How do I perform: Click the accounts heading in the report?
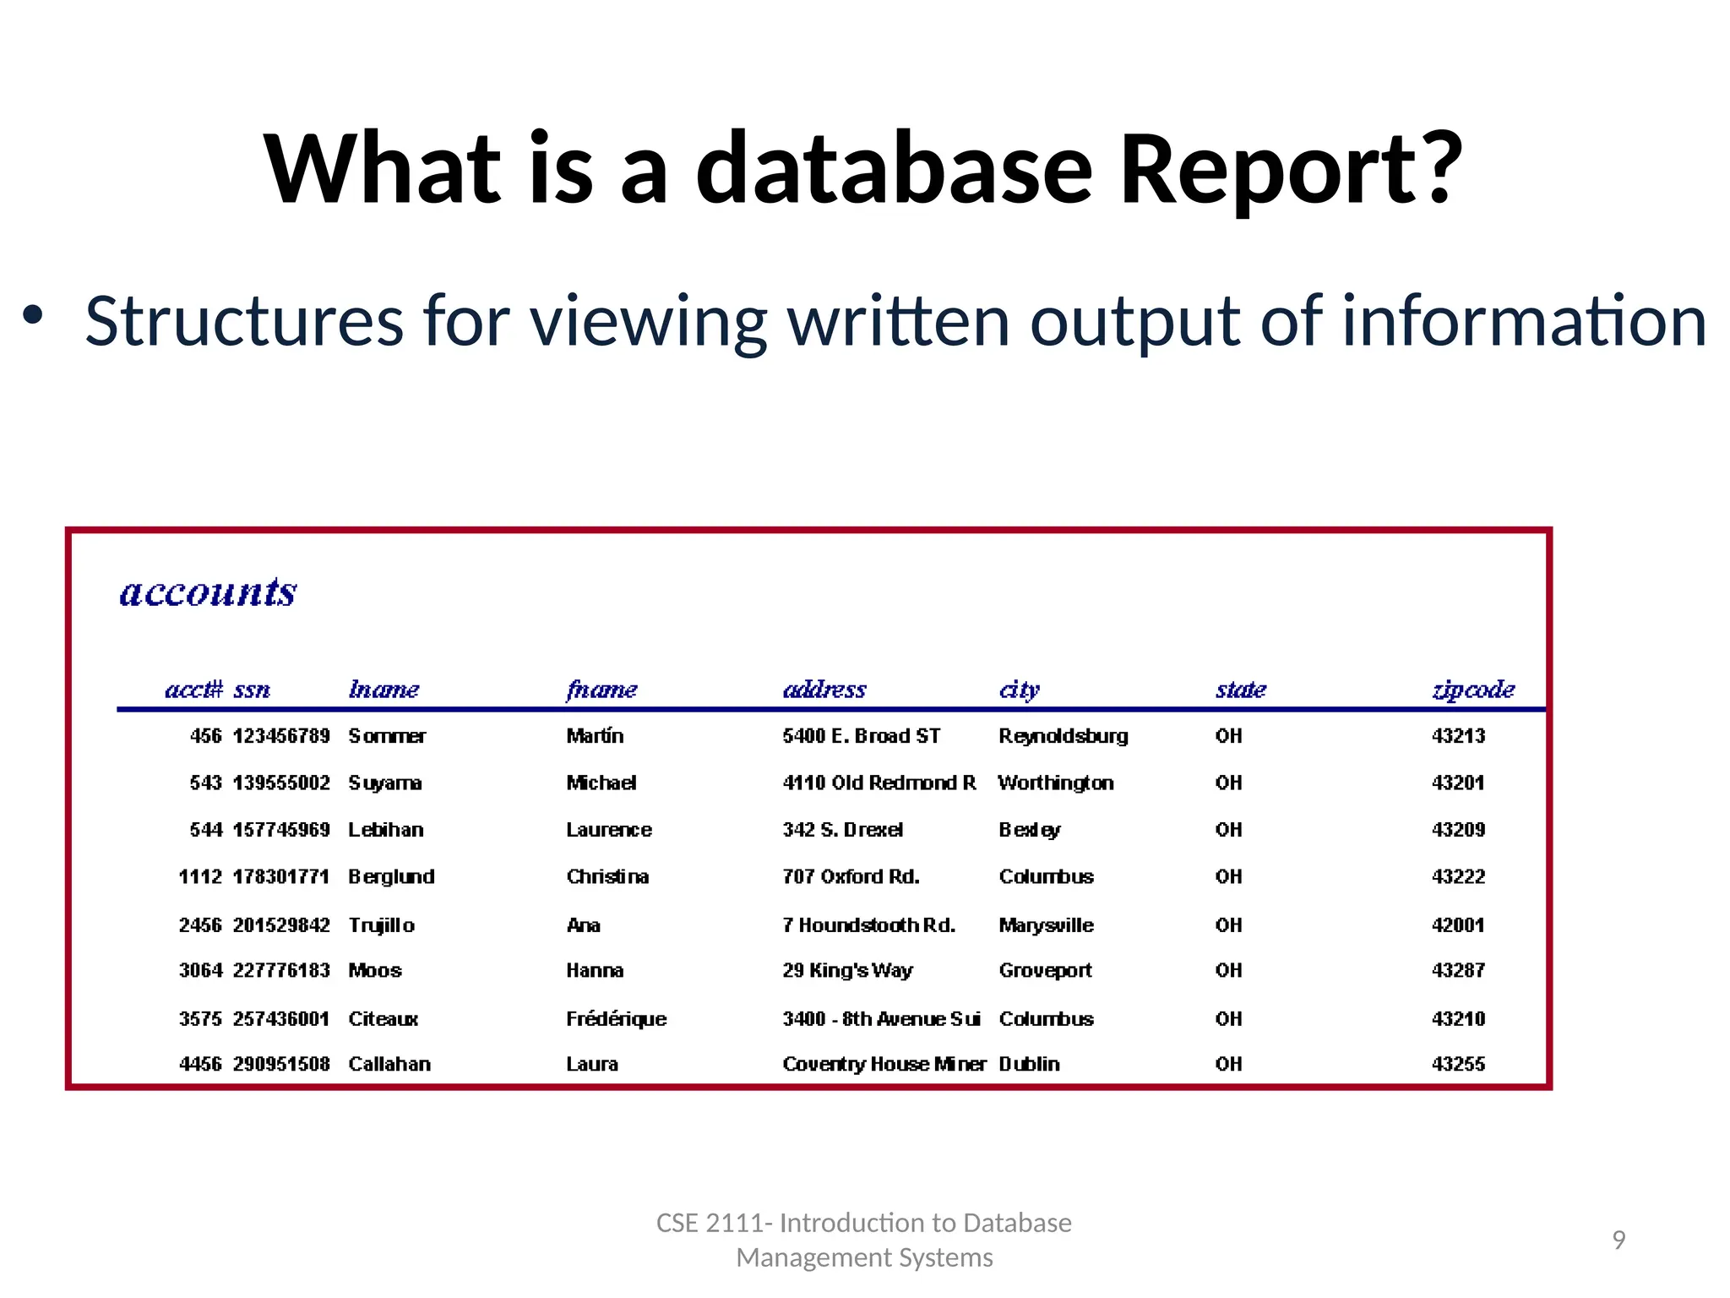coord(208,592)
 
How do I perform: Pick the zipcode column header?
coord(1473,690)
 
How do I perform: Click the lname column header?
coord(384,690)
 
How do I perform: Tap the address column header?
coord(824,690)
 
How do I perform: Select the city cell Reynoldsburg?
coord(1063,736)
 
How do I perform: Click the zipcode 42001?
coord(1458,925)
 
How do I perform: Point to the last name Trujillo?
coord(381,925)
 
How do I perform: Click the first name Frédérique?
coord(616,1019)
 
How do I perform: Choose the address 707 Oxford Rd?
coord(851,877)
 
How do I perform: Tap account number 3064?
coord(200,971)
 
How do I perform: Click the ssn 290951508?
coord(281,1065)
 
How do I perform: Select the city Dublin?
coord(1029,1065)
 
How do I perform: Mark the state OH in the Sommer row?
coord(1228,736)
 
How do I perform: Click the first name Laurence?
coord(608,830)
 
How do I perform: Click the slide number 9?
coord(1618,1240)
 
